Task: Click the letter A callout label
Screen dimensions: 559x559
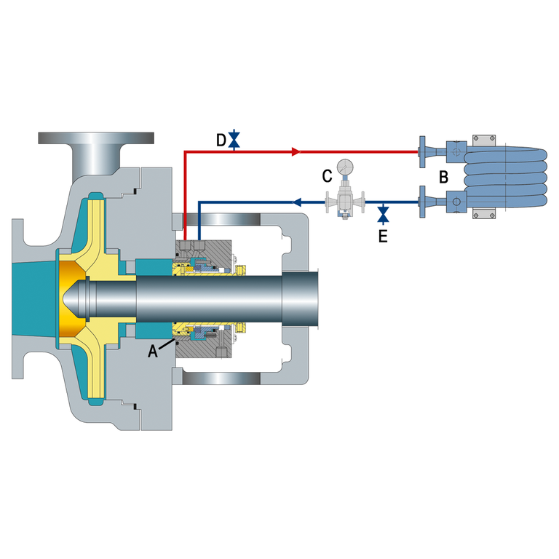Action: click(x=153, y=351)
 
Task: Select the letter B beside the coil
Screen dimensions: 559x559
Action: click(x=443, y=177)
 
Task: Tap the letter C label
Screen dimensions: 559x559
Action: click(x=327, y=175)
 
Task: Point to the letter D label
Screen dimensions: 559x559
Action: click(x=221, y=140)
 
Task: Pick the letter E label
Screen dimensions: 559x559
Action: click(x=383, y=236)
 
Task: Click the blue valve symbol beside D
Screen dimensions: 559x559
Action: click(x=234, y=140)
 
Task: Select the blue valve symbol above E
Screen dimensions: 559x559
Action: click(x=384, y=214)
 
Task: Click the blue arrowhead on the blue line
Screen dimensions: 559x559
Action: click(x=297, y=202)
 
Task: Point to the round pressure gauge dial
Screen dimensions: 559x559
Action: click(x=345, y=167)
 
